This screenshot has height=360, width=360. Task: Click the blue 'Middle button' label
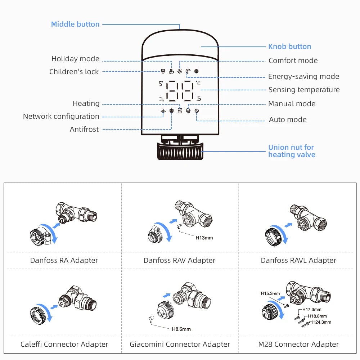(x=75, y=24)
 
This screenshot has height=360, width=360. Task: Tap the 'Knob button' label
(x=289, y=46)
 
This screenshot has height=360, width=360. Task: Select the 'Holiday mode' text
(x=75, y=59)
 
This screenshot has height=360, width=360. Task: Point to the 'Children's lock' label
(x=74, y=72)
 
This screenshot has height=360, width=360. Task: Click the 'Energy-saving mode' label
(x=303, y=76)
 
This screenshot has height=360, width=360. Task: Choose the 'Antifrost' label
(x=84, y=129)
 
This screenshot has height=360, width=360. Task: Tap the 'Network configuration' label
(x=61, y=116)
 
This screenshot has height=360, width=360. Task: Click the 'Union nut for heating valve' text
(x=291, y=151)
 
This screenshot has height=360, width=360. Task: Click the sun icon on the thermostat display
(x=179, y=71)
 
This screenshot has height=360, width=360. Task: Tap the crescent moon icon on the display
(x=188, y=71)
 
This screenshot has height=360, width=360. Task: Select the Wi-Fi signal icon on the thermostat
(x=163, y=111)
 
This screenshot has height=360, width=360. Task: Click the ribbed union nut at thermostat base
(x=180, y=151)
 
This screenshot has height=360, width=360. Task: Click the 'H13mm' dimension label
(x=204, y=238)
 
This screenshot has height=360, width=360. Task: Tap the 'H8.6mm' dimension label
(x=181, y=329)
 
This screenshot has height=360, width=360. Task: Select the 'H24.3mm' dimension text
(x=321, y=322)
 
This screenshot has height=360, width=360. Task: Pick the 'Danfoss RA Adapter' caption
(x=64, y=260)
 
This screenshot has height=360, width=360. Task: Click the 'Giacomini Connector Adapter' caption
(x=180, y=345)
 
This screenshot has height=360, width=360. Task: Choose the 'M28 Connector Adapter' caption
(x=298, y=345)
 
